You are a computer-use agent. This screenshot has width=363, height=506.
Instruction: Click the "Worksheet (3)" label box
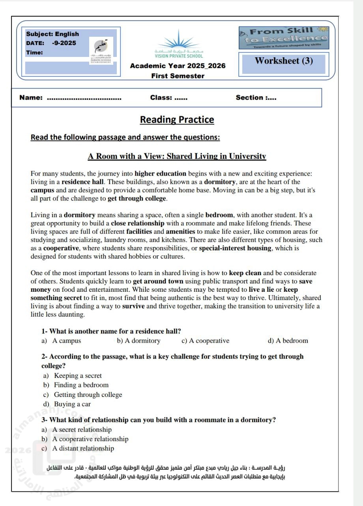tap(284, 61)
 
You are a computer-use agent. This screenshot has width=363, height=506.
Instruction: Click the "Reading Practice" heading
tap(177, 120)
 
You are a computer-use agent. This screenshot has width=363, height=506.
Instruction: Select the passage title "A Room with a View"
tap(177, 156)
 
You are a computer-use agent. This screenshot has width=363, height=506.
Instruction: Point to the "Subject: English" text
tap(52, 34)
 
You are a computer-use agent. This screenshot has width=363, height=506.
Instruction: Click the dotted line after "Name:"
tap(84, 98)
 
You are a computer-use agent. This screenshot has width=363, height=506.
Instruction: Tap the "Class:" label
tap(161, 98)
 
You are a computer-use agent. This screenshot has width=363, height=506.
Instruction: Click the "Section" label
tap(249, 98)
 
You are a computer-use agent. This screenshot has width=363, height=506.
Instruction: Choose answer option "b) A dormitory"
tap(138, 341)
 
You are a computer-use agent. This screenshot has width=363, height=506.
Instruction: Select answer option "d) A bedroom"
tap(288, 341)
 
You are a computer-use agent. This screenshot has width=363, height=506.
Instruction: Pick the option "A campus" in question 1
tap(66, 341)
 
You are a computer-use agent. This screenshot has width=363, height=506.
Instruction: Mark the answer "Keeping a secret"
tap(78, 376)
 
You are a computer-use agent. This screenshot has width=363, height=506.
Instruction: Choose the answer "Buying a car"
tap(72, 404)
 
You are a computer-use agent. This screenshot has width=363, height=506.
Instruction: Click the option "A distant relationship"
tap(83, 448)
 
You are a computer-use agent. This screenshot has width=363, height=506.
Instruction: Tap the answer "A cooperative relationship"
tap(90, 439)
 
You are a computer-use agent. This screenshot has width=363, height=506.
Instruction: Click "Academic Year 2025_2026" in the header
tap(178, 66)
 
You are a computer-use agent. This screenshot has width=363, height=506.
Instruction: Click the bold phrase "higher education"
tap(160, 173)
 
